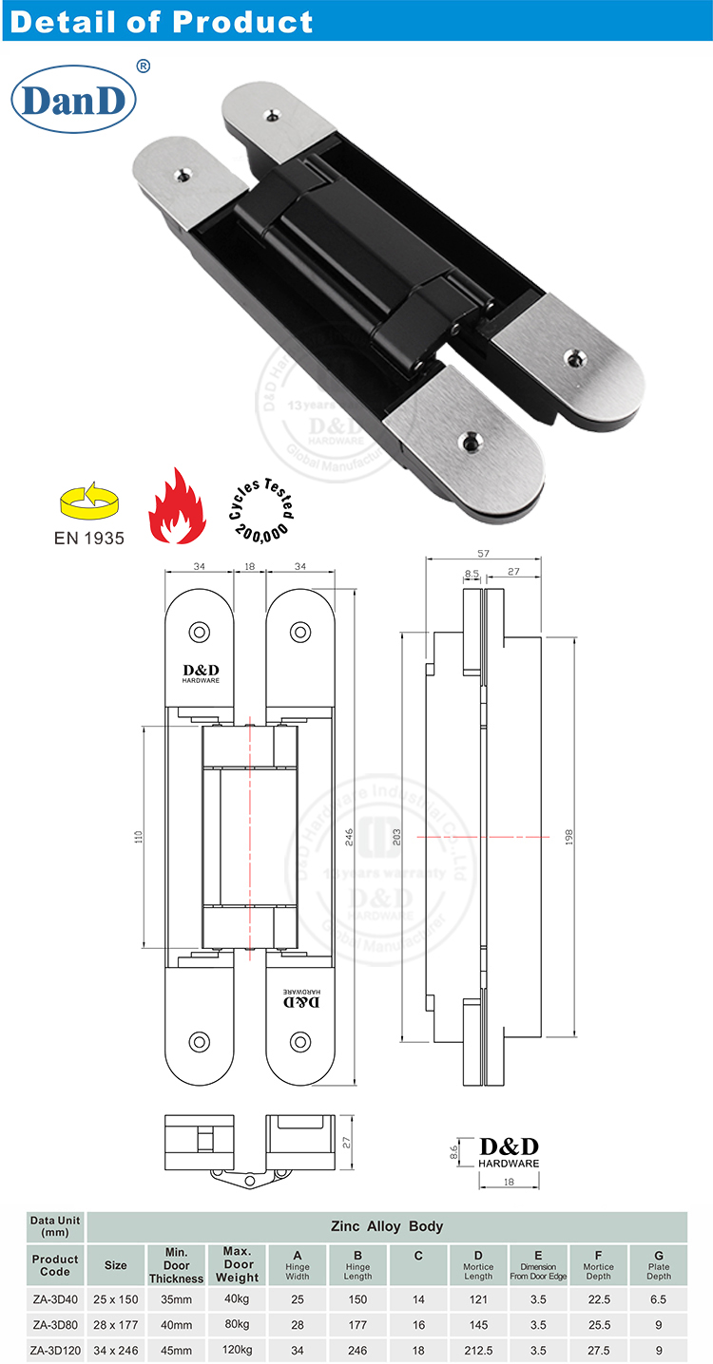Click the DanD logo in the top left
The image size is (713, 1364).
coord(73,100)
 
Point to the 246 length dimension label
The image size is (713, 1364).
coord(349,836)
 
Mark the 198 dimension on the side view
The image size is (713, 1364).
coord(569,836)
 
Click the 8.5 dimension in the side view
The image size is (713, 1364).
coord(472,574)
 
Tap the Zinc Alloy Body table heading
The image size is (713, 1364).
coord(386,1226)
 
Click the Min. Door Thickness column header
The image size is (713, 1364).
coord(176,1265)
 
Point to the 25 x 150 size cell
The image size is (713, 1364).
coord(115,1298)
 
